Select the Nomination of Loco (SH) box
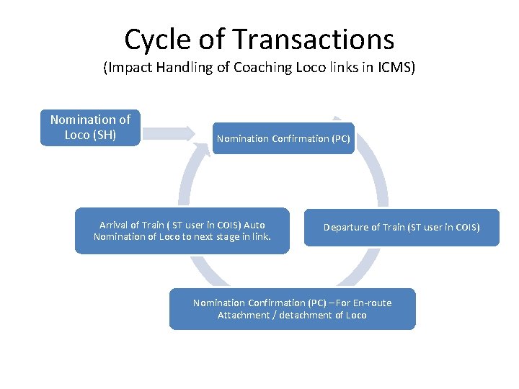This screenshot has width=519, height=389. [x=90, y=127]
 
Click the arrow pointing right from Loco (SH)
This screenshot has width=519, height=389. [x=168, y=133]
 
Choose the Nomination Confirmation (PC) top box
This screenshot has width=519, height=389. [x=283, y=138]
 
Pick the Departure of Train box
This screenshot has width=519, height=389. [x=401, y=228]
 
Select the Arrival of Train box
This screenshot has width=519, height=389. [x=182, y=231]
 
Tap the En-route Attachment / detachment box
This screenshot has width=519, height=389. [x=292, y=309]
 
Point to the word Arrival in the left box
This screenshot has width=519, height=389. [x=113, y=225]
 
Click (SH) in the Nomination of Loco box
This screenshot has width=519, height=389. [x=105, y=135]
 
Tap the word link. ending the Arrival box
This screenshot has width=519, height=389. [x=259, y=237]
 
